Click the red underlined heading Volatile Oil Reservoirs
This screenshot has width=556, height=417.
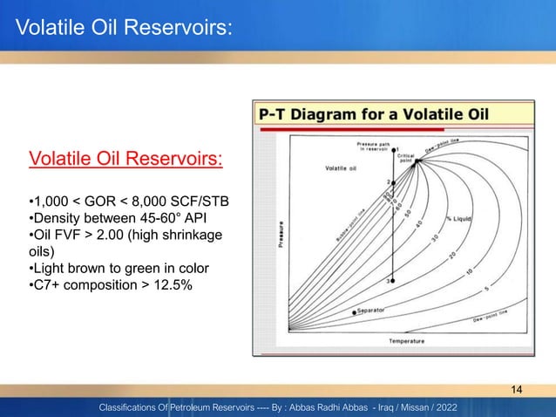tap(126, 160)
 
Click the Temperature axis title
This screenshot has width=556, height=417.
tap(406, 341)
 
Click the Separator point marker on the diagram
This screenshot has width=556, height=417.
tap(354, 311)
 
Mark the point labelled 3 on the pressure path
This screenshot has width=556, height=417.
tap(390, 282)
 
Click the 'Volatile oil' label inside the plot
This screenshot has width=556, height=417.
tap(338, 167)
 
